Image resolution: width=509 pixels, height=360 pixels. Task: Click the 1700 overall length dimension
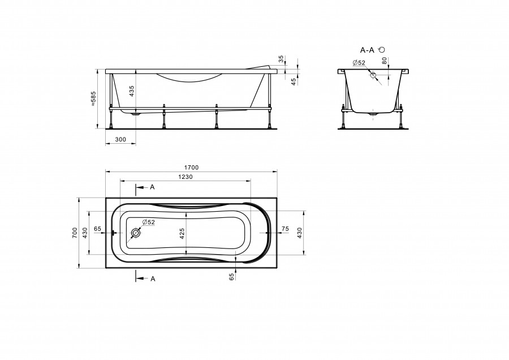191,168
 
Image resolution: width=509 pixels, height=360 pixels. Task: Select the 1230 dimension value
186,177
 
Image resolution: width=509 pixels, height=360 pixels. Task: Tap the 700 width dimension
75,233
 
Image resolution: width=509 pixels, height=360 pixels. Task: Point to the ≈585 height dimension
93,98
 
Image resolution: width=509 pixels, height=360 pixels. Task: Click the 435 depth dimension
131,91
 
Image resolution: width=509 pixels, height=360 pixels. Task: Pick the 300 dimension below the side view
120,139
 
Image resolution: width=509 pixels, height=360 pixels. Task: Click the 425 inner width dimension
182,234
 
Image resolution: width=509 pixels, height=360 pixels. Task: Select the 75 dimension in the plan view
285,229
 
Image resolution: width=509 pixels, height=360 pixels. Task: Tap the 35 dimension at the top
281,59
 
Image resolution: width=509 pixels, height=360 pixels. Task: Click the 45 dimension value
294,82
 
